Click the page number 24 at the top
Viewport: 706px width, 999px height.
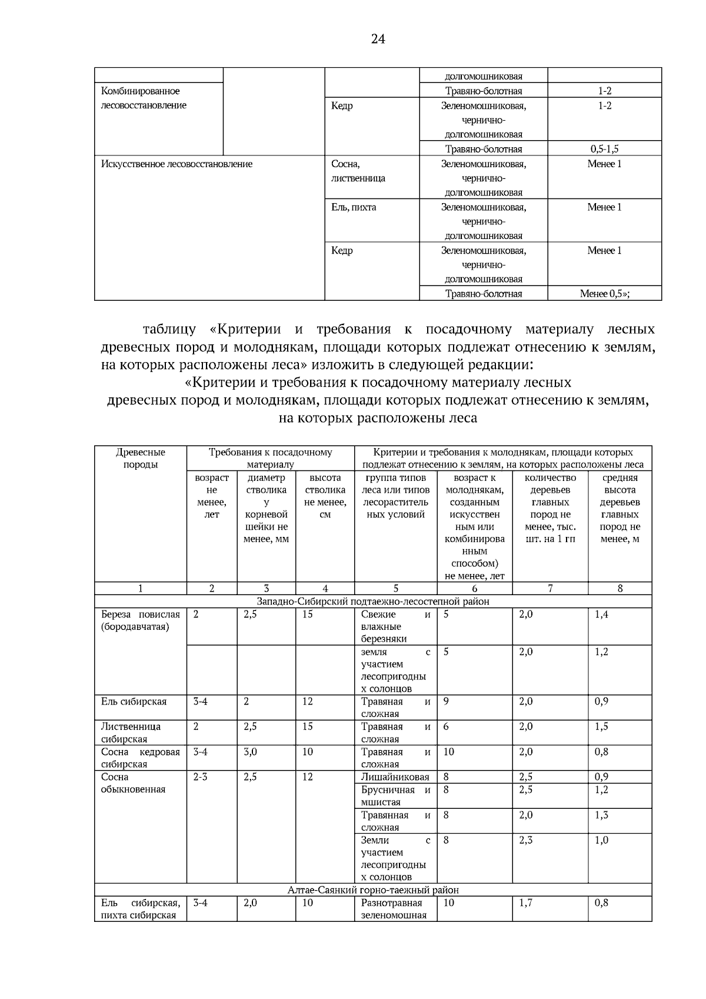tap(378, 39)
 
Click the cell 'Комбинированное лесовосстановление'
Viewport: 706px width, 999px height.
tap(144, 98)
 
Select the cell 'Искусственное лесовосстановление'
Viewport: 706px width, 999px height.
tap(176, 164)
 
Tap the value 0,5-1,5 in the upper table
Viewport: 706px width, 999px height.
tap(604, 149)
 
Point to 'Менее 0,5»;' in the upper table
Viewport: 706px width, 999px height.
tap(604, 294)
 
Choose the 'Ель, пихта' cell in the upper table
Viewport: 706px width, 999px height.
tap(354, 207)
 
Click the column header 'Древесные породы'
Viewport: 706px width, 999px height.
tap(141, 458)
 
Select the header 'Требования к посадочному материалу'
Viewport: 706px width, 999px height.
tap(270, 458)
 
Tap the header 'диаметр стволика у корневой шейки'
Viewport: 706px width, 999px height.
tap(266, 508)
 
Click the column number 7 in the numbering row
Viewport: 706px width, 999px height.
tap(550, 588)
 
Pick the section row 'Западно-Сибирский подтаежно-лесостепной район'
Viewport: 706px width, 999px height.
tap(373, 601)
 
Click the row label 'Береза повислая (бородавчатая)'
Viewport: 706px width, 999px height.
tap(141, 620)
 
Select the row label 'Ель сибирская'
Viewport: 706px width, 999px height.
tap(134, 702)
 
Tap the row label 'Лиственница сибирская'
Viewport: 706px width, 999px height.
tap(131, 732)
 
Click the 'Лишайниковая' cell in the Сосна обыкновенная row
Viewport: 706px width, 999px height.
tap(395, 777)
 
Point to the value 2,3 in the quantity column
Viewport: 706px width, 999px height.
tap(526, 840)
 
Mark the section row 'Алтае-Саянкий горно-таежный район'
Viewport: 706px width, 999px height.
tap(373, 890)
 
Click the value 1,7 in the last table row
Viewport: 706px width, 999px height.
tap(526, 902)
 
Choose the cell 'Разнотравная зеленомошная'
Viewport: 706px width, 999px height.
tap(394, 909)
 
